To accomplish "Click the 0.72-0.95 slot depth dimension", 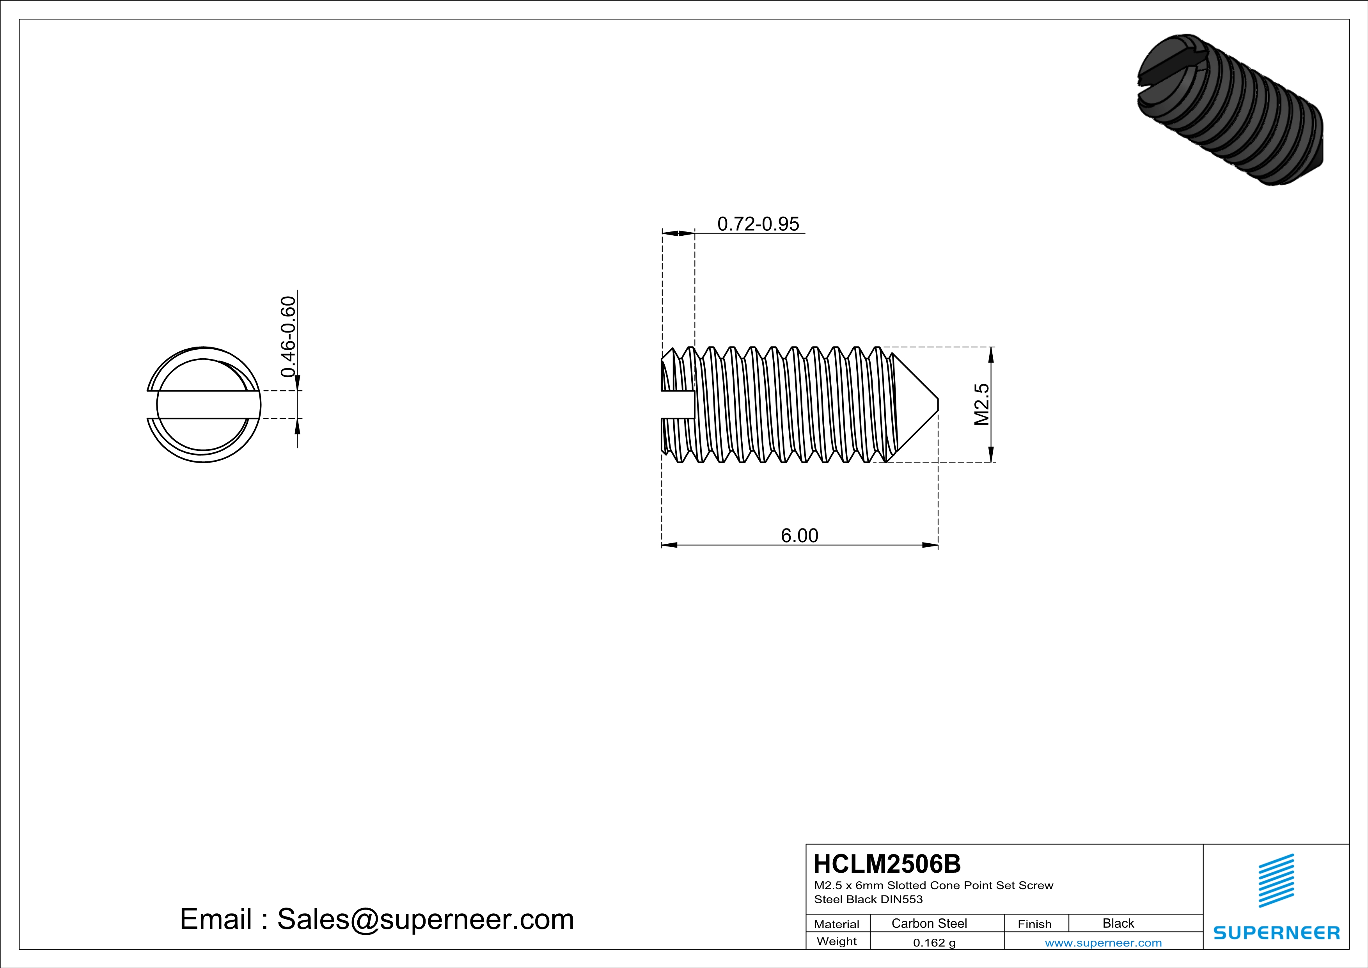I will (758, 224).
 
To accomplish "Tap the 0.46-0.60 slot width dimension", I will (288, 337).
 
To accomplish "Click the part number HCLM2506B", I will (887, 864).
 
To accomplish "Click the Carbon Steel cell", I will (929, 923).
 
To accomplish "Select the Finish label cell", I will (1034, 924).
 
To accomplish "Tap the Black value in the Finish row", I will (1118, 923).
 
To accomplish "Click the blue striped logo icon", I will (1276, 881).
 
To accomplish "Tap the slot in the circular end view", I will (203, 405).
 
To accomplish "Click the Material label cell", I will (837, 924).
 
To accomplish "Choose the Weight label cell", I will (837, 941).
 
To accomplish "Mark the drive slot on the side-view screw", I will (678, 405).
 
